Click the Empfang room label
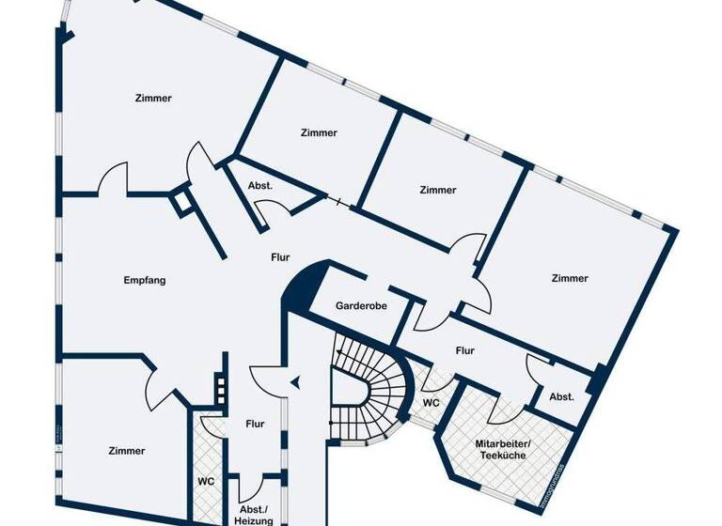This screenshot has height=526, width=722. point(145,280)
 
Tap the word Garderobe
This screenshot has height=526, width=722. point(362,306)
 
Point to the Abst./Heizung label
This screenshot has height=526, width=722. point(255,514)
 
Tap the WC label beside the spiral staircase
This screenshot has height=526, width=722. point(431,402)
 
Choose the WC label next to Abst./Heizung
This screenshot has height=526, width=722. point(206,482)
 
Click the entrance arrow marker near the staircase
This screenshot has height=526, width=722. point(295,381)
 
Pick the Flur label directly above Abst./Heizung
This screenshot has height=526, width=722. point(255,424)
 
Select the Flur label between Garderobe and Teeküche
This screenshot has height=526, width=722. point(464,350)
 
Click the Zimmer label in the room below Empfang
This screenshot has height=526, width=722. point(126,451)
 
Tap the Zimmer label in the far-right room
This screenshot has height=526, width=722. point(570,278)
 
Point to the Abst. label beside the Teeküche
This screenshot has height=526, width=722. point(561,395)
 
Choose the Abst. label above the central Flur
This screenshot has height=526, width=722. point(260,186)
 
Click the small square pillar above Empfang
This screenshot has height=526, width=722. point(180,202)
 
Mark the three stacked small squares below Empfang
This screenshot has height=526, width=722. point(221,389)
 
